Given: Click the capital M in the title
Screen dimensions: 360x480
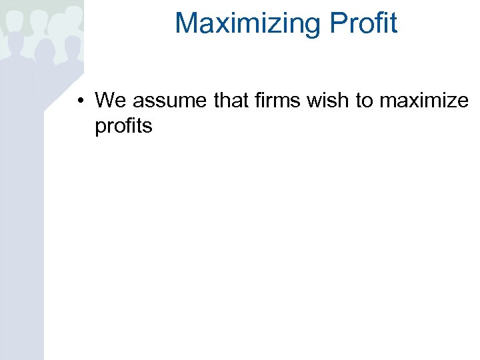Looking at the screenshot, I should [187, 23].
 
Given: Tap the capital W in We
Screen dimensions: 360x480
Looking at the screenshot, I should [105, 101].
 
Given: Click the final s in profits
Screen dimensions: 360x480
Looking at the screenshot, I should [149, 126].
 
